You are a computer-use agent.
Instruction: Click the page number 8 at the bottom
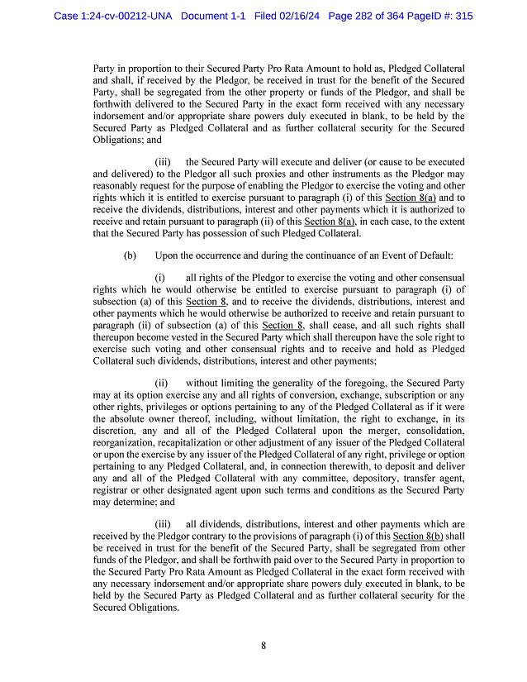coord(263,646)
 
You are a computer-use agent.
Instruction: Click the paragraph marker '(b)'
coord(130,255)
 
